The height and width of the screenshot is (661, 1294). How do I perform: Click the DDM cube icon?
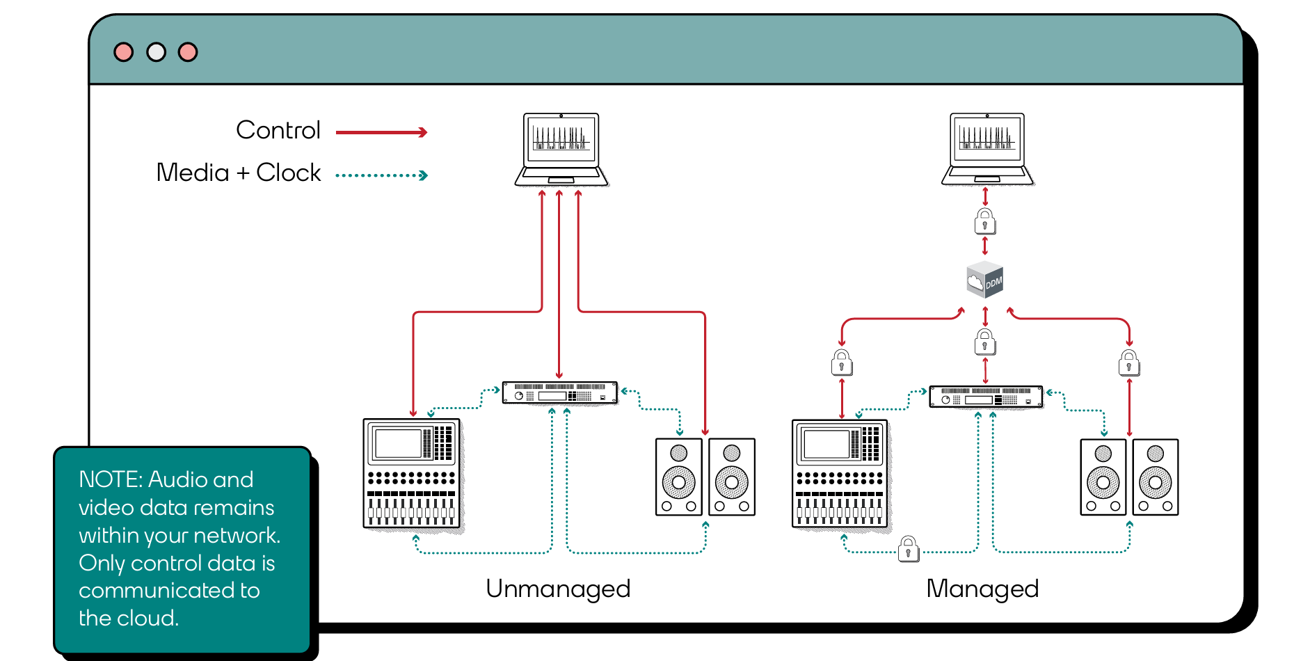point(985,280)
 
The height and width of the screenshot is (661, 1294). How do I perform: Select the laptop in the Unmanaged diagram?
point(561,150)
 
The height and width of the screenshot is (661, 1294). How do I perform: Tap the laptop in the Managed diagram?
point(988,150)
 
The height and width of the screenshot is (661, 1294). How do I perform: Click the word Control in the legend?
point(278,130)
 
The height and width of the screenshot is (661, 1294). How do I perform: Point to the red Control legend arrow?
point(381,132)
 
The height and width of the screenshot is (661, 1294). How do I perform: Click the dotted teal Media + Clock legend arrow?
point(381,175)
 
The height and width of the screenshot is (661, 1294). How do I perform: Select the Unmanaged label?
point(558,589)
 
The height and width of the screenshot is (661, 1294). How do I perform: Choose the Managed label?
point(982,589)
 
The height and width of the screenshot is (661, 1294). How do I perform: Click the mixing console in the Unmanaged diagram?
point(412,475)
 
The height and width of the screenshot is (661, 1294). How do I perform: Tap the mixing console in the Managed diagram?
point(840,475)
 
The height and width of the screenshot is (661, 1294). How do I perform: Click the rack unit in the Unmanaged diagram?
point(560,392)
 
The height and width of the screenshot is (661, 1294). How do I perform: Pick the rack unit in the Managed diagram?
point(987,397)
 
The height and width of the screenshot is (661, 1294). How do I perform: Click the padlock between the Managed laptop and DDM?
point(984,222)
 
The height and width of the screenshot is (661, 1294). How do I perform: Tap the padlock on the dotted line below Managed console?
point(908,549)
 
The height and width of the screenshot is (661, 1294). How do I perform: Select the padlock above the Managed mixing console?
point(842,363)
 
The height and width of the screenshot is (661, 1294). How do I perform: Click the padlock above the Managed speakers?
point(1128,363)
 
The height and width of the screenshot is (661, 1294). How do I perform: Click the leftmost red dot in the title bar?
point(124,52)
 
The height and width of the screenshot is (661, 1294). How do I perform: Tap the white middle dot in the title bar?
point(156,52)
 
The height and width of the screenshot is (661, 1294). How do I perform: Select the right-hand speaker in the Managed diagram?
point(1156,477)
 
